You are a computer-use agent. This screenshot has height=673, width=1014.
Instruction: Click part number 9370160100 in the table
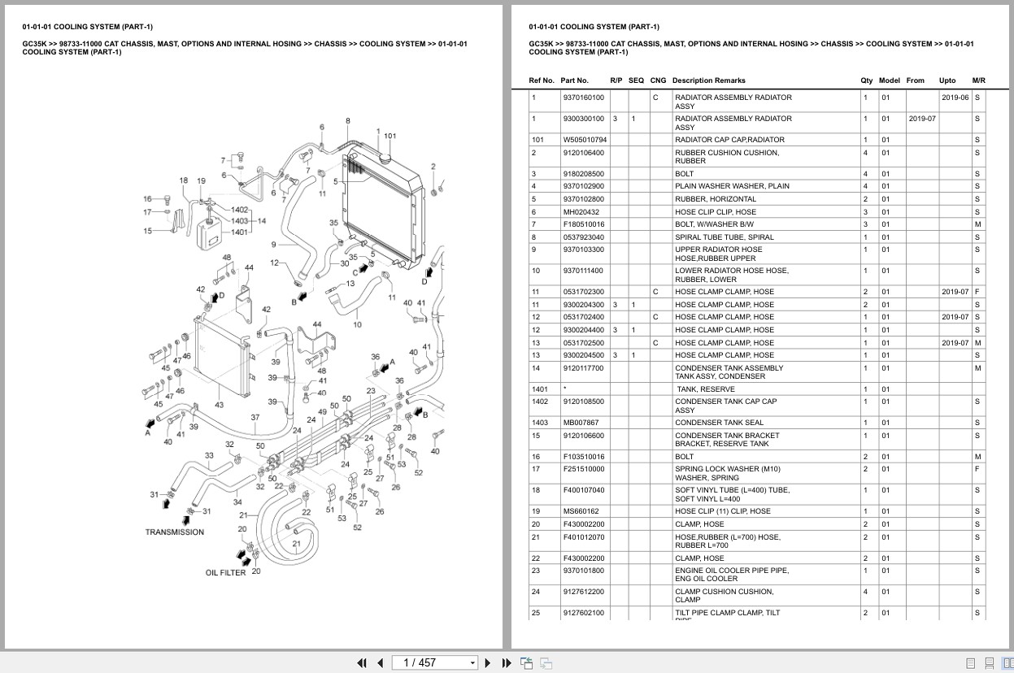(583, 98)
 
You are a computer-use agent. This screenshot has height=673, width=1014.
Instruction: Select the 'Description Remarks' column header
(709, 80)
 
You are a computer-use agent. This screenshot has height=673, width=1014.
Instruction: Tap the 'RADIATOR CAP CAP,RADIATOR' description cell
(729, 140)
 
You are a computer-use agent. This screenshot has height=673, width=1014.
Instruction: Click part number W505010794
(585, 140)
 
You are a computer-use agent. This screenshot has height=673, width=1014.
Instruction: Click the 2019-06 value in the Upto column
(955, 98)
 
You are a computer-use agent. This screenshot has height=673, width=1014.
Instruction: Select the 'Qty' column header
(866, 80)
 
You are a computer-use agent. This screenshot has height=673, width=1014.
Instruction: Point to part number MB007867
(581, 423)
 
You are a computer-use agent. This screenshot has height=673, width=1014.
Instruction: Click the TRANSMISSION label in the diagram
(175, 532)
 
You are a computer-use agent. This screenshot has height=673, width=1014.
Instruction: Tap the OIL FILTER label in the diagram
(225, 573)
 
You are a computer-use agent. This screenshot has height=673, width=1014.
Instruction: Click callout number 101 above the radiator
(390, 137)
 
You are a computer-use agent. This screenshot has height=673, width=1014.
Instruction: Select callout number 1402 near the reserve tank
(239, 211)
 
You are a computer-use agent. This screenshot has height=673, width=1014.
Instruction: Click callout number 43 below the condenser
(219, 405)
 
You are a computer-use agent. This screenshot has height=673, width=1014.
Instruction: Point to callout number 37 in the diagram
(255, 418)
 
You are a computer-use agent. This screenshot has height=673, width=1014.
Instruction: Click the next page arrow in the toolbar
(488, 662)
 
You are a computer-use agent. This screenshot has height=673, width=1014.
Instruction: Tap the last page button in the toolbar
(506, 662)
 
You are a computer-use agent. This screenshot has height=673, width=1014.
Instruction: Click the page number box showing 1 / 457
(434, 662)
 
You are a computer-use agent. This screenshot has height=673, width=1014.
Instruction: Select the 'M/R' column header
(978, 80)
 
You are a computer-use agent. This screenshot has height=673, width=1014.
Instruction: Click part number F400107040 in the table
(584, 490)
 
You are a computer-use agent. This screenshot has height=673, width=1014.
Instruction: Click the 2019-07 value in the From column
(922, 119)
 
